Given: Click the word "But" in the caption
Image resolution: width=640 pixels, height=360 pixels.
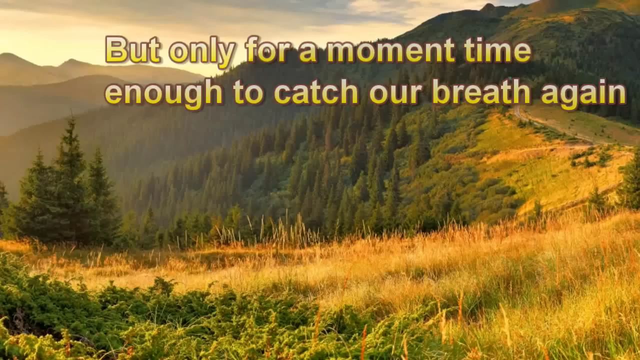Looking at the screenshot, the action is pyautogui.click(x=133, y=49).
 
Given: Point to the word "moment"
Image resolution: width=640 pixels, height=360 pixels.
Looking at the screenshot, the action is pyautogui.click(x=391, y=50).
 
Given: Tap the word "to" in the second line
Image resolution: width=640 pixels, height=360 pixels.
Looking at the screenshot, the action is pyautogui.click(x=248, y=92).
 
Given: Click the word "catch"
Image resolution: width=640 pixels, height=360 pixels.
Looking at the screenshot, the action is pyautogui.click(x=316, y=91).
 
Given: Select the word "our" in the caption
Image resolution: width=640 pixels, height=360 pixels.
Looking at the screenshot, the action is pyautogui.click(x=395, y=95).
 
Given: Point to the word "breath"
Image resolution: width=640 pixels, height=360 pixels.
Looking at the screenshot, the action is pyautogui.click(x=481, y=91).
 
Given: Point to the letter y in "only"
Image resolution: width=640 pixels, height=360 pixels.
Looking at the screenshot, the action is pyautogui.click(x=224, y=55).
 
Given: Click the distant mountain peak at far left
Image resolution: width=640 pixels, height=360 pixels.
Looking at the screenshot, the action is pyautogui.click(x=8, y=55).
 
